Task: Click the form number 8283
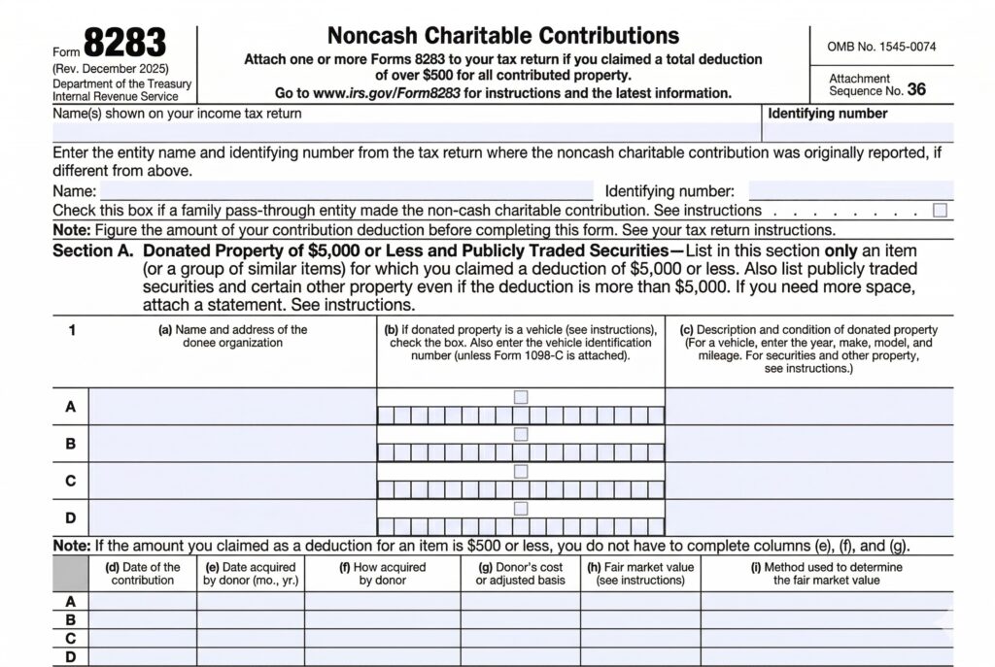pos(124,42)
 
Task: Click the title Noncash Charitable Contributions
pos(502,36)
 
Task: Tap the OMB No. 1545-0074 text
pos(882,47)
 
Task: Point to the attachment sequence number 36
pos(916,90)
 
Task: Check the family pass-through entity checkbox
pos(940,210)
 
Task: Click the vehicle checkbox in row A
pos(521,396)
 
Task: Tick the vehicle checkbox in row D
pos(521,508)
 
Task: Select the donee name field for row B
pos(233,444)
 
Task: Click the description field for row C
pos(809,481)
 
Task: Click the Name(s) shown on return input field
pos(406,133)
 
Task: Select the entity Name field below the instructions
pos(347,191)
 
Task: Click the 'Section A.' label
pos(93,251)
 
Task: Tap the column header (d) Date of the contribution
pos(143,574)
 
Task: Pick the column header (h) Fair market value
pos(640,574)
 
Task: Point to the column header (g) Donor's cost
pos(520,574)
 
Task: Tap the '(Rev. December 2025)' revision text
pos(111,69)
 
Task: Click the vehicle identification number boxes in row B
pos(521,452)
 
